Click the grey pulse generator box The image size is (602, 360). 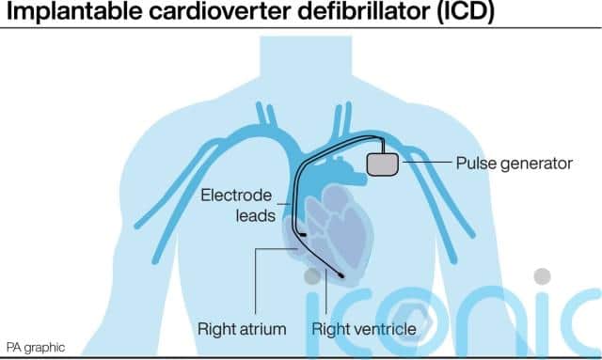(x=383, y=164)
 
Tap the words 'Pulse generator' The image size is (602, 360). (x=515, y=164)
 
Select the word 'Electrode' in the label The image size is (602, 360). (x=236, y=196)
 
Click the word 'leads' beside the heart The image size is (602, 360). (x=255, y=215)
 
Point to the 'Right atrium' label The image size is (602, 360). (x=242, y=329)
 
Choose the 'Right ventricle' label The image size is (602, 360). (x=364, y=329)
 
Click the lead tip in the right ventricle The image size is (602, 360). (x=341, y=274)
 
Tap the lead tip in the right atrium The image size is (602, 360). (x=303, y=234)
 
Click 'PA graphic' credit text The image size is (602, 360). (x=36, y=348)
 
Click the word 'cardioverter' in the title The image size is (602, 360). (x=220, y=11)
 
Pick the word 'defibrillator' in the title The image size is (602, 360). (x=364, y=11)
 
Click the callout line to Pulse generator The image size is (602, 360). (x=426, y=163)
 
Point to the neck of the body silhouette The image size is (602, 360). (x=306, y=57)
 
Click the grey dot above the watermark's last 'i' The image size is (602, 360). (x=542, y=276)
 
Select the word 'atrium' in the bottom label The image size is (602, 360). (x=262, y=329)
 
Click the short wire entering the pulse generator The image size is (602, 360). (x=383, y=146)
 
